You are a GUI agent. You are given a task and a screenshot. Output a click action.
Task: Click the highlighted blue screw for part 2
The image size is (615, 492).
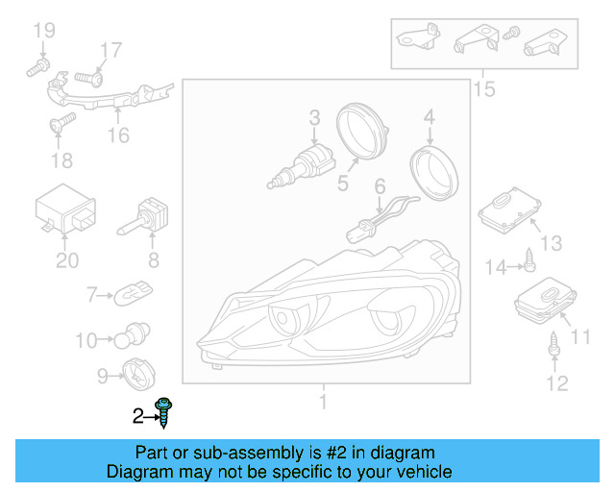coord(164,412)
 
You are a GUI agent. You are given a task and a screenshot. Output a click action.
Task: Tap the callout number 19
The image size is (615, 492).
coord(44,30)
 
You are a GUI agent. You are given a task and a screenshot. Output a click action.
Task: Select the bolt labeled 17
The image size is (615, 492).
coord(89,79)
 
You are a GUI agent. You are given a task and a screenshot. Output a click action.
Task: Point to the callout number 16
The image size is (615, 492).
coord(118,135)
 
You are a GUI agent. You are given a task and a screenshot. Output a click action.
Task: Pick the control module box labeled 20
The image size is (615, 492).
coord(65,209)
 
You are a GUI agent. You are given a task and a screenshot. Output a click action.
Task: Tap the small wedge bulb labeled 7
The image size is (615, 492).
coord(133,293)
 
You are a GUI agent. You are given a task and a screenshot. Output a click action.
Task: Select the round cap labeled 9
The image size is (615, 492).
coord(138,375)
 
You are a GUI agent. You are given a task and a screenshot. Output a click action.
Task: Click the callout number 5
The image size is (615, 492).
coord(343,184)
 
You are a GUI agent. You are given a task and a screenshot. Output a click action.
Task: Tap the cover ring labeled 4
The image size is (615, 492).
coord(434,173)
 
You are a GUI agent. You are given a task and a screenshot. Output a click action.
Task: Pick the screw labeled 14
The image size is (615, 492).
coord(529,260)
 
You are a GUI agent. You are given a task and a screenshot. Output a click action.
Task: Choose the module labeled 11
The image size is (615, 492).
coord(546,301)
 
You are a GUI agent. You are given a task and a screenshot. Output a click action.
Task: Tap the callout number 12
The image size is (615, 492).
coord(557,382)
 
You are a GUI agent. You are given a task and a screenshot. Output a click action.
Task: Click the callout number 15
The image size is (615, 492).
coord(484,89)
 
